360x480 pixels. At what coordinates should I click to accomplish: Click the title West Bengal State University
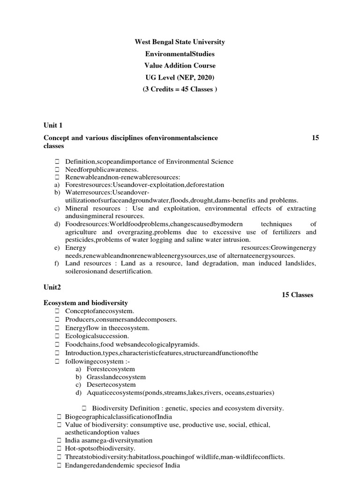[180, 42]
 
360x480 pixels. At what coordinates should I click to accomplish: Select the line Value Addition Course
[180, 66]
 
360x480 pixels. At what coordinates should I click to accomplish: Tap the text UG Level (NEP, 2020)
[180, 77]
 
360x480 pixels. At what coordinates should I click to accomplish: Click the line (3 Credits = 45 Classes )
[180, 90]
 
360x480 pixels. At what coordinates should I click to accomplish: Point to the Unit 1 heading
[53, 125]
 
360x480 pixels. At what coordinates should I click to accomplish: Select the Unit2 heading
[52, 286]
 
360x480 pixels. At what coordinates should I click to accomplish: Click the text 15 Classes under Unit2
[297, 295]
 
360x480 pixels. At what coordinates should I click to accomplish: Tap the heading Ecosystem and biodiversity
[86, 303]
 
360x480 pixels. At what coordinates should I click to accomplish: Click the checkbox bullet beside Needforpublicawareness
[57, 169]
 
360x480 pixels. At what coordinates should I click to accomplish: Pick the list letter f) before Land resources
[57, 263]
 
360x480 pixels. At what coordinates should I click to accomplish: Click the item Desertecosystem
[111, 385]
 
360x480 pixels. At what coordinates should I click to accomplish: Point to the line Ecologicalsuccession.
[97, 336]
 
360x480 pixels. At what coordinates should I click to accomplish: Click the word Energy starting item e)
[75, 247]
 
